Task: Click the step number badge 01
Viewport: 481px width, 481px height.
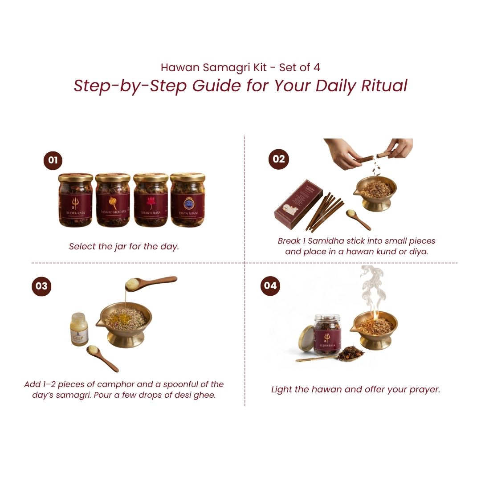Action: coord(53,160)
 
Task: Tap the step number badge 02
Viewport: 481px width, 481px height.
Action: coord(279,159)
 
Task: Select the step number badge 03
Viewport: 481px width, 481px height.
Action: coord(41,286)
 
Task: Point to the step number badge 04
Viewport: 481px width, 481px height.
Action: coord(270,285)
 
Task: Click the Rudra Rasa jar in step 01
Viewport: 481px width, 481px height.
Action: coord(75,200)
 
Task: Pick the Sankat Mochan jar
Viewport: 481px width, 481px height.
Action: coord(113,200)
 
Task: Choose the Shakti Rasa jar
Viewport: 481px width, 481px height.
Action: coord(151,200)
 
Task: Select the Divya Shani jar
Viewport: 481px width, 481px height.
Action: coord(188,200)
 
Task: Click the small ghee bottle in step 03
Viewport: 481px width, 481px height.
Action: coord(79,329)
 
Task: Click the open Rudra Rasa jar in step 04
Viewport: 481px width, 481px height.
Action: coord(327,334)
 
